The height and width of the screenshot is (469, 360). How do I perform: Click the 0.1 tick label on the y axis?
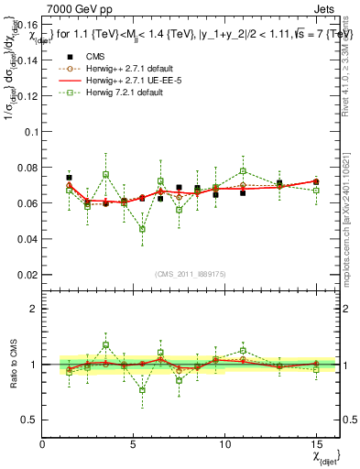30,131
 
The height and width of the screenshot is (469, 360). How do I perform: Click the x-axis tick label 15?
316,444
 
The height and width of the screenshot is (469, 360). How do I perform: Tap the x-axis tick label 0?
42,444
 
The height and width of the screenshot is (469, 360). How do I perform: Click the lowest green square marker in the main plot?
142,229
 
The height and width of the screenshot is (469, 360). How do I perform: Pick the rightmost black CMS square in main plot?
316,181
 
